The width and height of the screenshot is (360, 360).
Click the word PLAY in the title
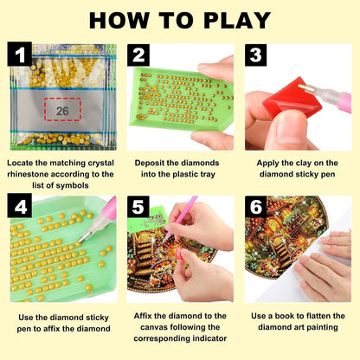point(236,20)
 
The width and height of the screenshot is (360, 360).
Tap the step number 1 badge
point(20,54)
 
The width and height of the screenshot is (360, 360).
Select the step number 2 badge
point(138,55)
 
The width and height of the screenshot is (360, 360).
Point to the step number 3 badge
point(255,55)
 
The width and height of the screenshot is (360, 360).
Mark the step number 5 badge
point(138,207)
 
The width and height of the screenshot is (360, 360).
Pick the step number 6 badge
point(255,207)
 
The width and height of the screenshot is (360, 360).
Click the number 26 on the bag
point(62,111)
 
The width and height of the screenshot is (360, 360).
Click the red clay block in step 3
point(288,98)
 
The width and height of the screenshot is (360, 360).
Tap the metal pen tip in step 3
point(304,88)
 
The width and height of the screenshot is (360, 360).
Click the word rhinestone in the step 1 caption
point(27,174)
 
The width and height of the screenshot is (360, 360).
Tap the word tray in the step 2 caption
point(207,175)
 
